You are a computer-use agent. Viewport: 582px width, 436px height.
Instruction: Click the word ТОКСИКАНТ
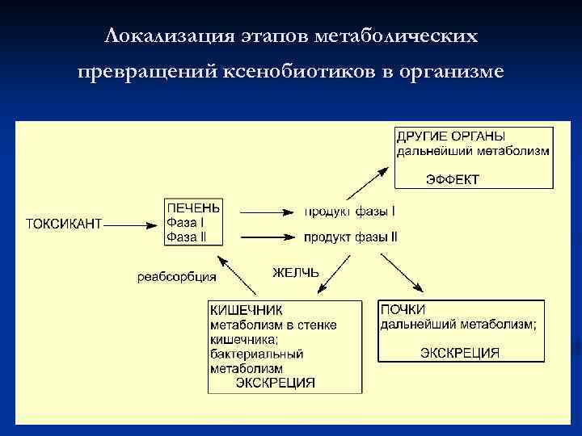click(64, 224)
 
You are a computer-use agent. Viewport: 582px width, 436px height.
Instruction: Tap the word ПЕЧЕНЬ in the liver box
click(192, 207)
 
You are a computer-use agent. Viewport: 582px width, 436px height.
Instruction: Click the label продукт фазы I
click(349, 212)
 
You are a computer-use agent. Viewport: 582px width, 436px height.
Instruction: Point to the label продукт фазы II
click(351, 237)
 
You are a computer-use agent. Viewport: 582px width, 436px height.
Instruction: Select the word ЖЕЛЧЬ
click(296, 273)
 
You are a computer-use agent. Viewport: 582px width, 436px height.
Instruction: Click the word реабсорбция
click(176, 277)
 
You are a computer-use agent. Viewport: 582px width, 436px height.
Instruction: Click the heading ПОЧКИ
click(403, 310)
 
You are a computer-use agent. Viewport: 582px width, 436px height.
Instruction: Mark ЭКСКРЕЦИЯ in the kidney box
click(460, 353)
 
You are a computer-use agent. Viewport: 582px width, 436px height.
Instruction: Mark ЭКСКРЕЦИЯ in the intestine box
click(275, 383)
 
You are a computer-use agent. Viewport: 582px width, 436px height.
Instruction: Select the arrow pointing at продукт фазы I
click(267, 212)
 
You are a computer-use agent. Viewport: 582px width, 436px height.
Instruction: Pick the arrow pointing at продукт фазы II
click(267, 237)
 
